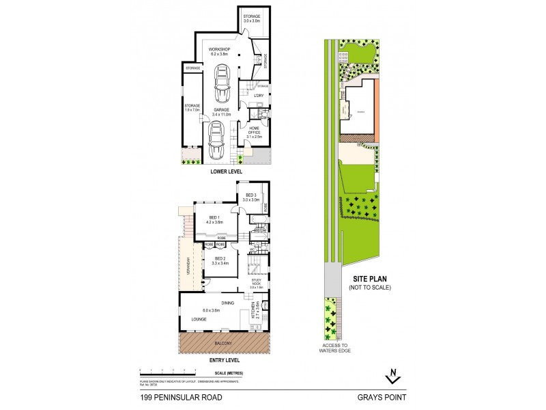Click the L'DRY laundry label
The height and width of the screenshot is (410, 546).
coord(259,95)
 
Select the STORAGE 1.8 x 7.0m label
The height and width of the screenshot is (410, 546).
coord(192,108)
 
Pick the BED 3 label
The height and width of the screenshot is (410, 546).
coord(252,198)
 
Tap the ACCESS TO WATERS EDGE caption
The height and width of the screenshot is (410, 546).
coord(334,348)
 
